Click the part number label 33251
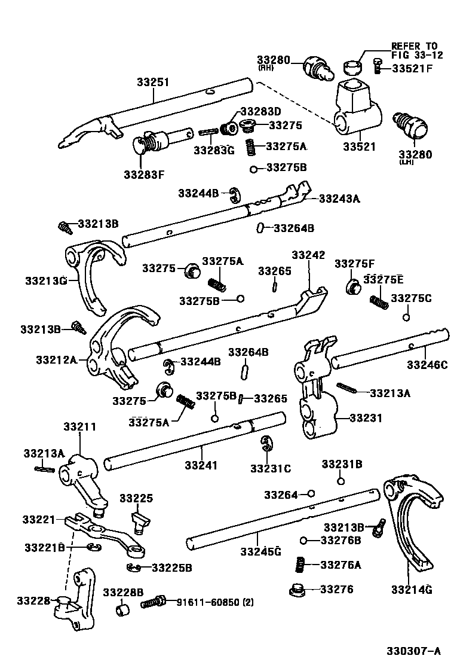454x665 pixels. click(x=154, y=83)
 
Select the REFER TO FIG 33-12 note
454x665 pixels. click(x=413, y=50)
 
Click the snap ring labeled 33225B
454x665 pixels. click(x=133, y=567)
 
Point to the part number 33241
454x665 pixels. click(x=201, y=465)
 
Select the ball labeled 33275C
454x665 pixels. click(x=406, y=317)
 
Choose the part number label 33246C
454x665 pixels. click(x=427, y=364)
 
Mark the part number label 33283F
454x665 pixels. click(x=144, y=175)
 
